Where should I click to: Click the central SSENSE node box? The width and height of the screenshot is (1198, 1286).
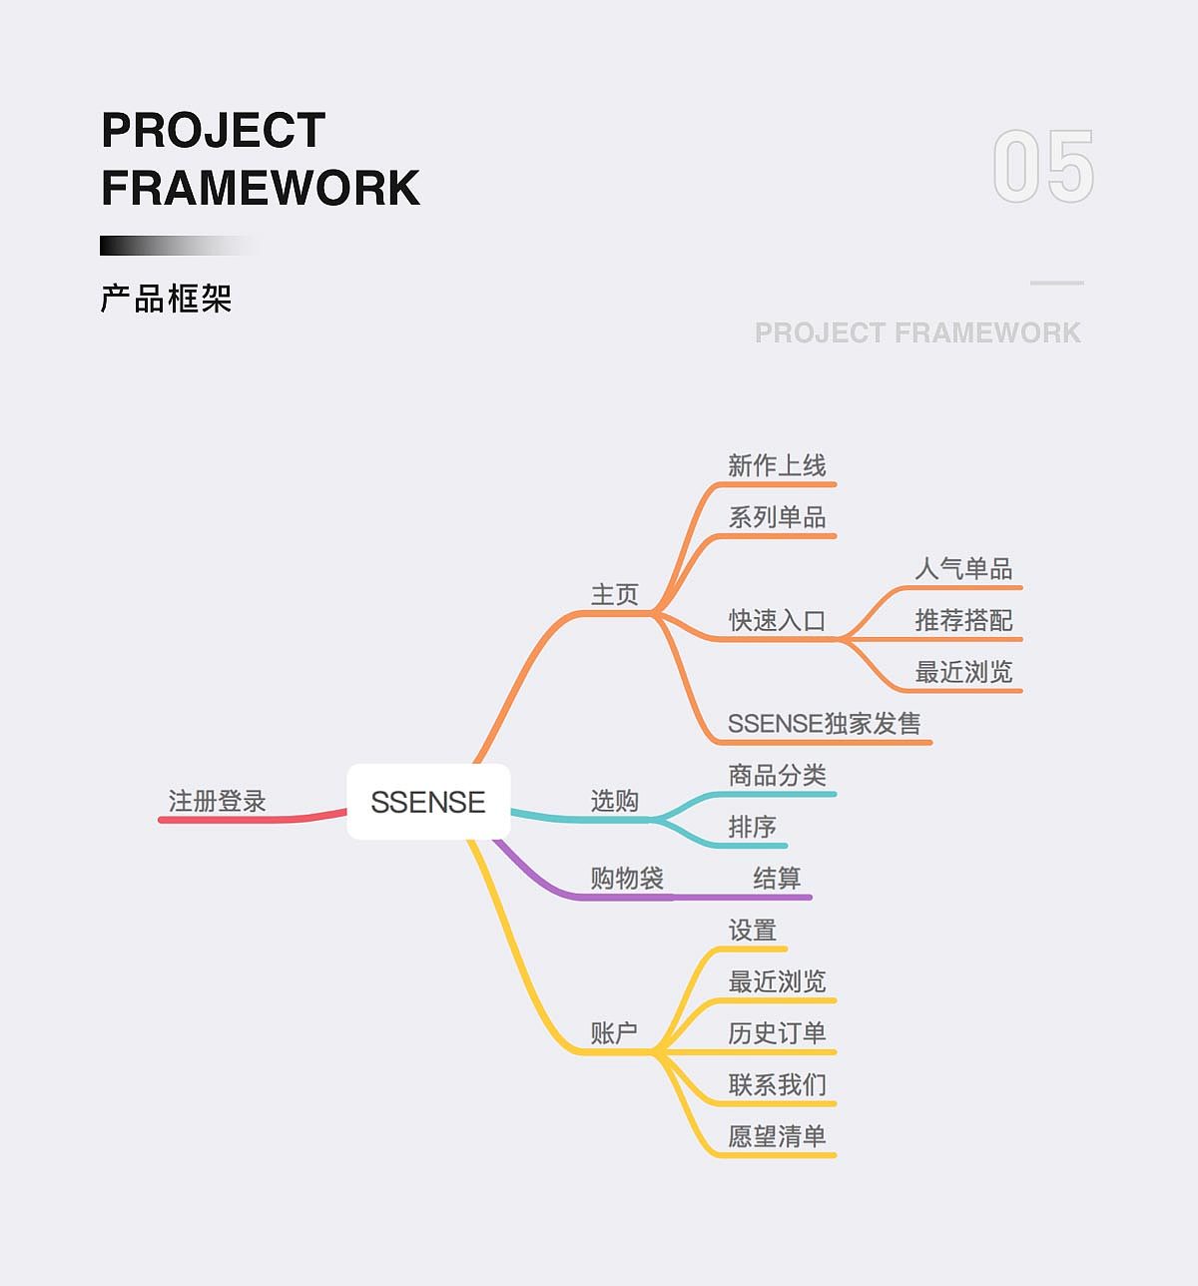click(428, 802)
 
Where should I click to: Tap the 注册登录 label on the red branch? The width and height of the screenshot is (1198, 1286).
click(217, 801)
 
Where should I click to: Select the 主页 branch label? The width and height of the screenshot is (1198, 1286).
click(614, 595)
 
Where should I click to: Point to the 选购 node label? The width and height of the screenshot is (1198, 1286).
click(614, 801)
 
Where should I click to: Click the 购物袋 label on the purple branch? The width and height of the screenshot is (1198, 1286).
click(627, 879)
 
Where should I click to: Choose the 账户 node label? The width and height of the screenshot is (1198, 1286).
click(614, 1033)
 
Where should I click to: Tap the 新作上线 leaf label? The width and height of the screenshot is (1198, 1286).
click(777, 466)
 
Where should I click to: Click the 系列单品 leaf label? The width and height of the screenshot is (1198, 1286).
click(777, 517)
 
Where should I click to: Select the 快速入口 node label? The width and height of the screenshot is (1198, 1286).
click(777, 620)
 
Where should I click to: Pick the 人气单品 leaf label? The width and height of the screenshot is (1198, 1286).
click(963, 569)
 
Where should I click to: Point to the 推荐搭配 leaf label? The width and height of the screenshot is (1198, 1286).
click(963, 620)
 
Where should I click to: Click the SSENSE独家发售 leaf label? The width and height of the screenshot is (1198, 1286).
click(824, 724)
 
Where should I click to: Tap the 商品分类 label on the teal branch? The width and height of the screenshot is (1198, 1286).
click(777, 776)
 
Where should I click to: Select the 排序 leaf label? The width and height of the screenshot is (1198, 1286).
click(752, 827)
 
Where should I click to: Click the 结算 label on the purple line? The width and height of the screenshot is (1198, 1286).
click(777, 879)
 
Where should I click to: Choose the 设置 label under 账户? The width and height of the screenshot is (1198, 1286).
click(752, 931)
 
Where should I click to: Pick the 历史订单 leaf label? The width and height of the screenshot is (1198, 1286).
click(777, 1033)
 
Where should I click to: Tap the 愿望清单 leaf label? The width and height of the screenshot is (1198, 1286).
click(777, 1136)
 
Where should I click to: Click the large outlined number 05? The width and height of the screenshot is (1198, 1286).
click(1043, 167)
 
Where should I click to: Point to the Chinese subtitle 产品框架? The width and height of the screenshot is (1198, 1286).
click(166, 299)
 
